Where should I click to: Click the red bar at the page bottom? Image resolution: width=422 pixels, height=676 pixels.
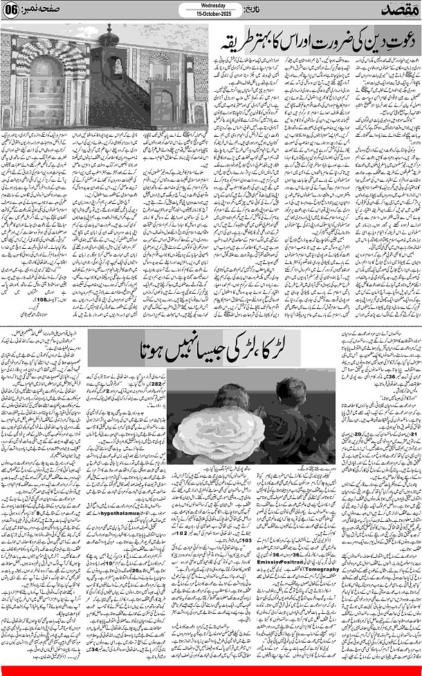pyautogui.click(x=211, y=671)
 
